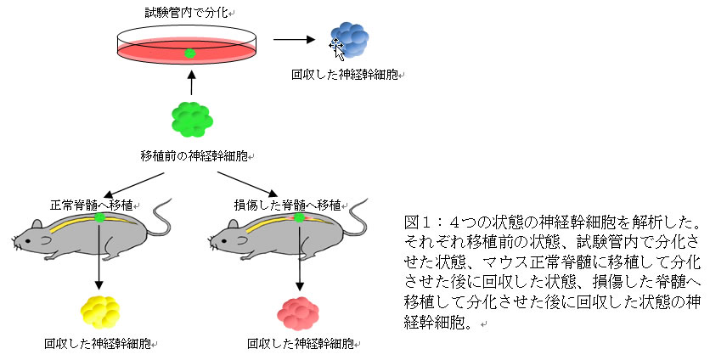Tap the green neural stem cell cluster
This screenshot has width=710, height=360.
click(x=192, y=119)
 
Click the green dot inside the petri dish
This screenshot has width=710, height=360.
click(x=190, y=53)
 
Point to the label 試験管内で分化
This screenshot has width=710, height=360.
click(x=188, y=14)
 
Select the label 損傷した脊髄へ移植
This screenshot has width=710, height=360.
click(x=287, y=205)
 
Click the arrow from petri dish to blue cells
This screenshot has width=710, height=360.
click(x=295, y=38)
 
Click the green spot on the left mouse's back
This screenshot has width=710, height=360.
click(x=99, y=218)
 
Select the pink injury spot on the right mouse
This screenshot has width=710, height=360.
click(x=299, y=218)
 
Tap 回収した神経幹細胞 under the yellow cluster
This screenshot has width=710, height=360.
click(x=99, y=344)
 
